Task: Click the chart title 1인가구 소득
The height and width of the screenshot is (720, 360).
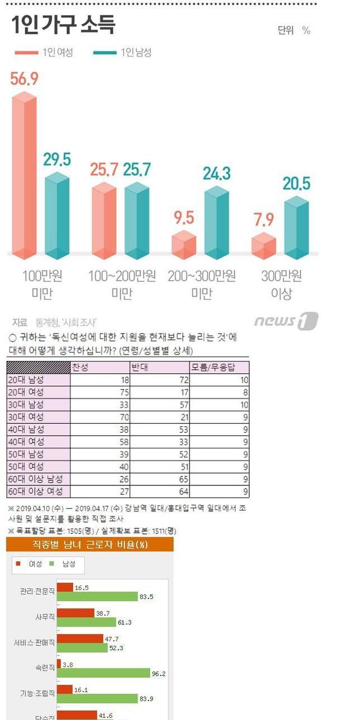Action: pyautogui.click(x=63, y=26)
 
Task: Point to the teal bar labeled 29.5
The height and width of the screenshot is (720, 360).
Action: pyautogui.click(x=57, y=217)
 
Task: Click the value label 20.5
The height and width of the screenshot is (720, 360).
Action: pyautogui.click(x=296, y=184)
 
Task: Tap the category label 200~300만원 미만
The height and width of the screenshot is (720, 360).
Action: pyautogui.click(x=201, y=284)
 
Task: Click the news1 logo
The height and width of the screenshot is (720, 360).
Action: pyautogui.click(x=286, y=321)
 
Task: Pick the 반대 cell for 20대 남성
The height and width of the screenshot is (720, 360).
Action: pyautogui.click(x=159, y=380)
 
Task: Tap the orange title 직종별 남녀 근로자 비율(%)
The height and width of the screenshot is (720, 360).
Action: pyautogui.click(x=90, y=544)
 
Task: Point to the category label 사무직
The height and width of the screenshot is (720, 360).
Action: pyautogui.click(x=44, y=617)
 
